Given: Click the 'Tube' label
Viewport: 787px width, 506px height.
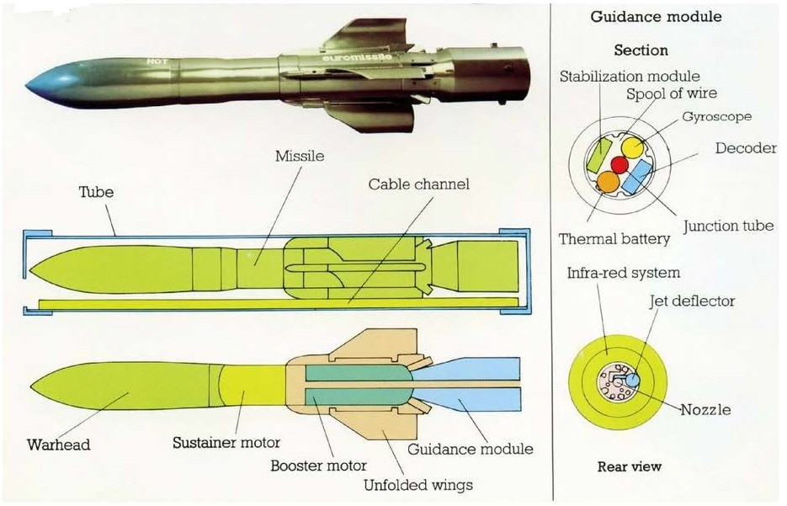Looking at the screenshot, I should coord(97,192).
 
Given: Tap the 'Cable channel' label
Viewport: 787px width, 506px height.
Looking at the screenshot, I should coord(418,184).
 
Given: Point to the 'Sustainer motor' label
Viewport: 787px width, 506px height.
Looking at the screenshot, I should coord(226,442).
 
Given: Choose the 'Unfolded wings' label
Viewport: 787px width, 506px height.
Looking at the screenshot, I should coord(418,484).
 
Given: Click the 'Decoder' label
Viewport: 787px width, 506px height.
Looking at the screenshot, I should coord(745,148).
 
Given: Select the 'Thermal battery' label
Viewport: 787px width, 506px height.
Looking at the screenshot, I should coord(614,239).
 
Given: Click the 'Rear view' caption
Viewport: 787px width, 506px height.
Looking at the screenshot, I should coord(630,466).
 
